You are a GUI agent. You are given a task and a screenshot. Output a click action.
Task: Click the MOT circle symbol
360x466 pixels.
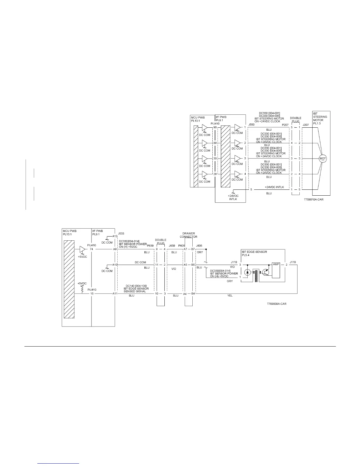[x=323, y=159]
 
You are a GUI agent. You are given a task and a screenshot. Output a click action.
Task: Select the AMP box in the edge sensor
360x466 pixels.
[x=276, y=264]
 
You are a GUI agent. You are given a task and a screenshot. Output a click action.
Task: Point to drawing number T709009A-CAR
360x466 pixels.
[x=276, y=304]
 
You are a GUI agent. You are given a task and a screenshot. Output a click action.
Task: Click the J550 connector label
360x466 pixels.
[x=251, y=125]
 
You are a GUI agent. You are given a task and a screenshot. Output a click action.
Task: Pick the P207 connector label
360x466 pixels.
[x=285, y=125]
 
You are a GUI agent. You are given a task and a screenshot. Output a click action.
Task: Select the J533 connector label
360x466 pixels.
[x=121, y=234]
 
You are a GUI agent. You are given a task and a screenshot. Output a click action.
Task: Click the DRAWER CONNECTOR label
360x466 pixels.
[x=189, y=235]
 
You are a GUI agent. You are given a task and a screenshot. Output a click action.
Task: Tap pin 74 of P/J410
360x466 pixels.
[x=91, y=249]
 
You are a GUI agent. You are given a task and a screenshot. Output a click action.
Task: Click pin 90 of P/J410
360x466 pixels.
[x=215, y=127]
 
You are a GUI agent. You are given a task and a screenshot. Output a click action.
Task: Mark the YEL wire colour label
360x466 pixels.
[x=230, y=296]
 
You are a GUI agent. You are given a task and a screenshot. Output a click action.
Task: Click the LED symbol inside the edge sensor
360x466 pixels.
[x=248, y=272]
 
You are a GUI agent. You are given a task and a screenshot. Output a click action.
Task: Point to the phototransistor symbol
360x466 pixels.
[x=266, y=273]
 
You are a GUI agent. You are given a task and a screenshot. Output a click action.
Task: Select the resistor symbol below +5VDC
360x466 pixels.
[x=82, y=289]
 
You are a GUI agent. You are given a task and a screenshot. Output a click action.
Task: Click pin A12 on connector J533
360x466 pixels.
[x=115, y=236]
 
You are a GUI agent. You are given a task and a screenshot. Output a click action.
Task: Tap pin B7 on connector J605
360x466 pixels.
[x=193, y=249]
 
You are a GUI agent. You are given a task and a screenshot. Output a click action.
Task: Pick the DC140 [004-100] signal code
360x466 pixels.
[x=136, y=286]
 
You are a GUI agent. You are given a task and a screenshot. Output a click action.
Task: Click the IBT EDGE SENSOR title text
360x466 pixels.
[x=254, y=252]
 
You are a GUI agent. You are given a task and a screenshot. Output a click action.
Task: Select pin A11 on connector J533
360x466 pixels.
[x=115, y=293]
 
